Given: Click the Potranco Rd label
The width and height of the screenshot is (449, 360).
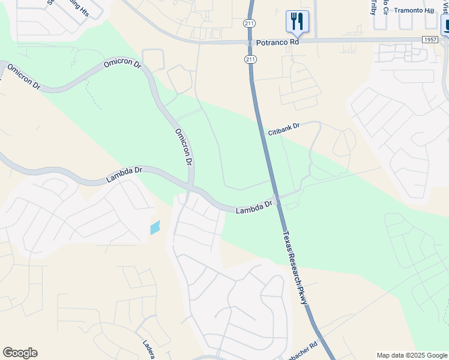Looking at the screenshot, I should (x=277, y=43).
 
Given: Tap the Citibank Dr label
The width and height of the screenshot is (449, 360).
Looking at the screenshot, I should (x=283, y=129).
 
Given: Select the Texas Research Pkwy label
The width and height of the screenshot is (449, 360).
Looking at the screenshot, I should (x=295, y=268).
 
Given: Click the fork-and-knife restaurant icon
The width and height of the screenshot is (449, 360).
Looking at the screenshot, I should (x=297, y=22).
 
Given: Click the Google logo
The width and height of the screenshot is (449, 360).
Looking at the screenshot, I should (x=20, y=353).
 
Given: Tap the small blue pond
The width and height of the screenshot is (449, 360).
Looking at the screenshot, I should (x=155, y=227).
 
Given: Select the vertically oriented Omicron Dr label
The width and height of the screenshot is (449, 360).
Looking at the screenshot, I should (x=184, y=147).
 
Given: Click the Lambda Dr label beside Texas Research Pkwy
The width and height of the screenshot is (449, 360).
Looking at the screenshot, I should (x=254, y=208).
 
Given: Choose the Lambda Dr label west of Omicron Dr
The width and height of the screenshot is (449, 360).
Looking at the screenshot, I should (x=124, y=175).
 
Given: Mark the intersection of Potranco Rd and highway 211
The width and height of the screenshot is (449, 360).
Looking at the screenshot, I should (x=251, y=41).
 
